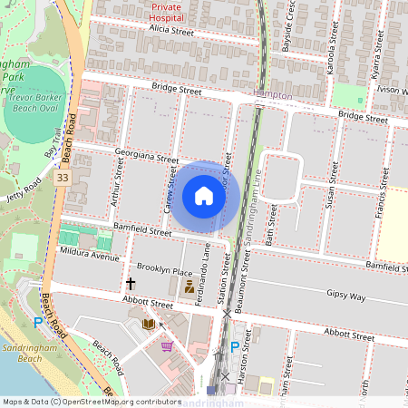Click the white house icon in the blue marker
[x=204, y=196]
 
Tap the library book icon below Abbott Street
[x=149, y=323]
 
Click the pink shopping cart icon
[x=166, y=345]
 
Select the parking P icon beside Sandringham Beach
[x=38, y=322]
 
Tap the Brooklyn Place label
[x=164, y=272]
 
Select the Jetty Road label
[x=24, y=189]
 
